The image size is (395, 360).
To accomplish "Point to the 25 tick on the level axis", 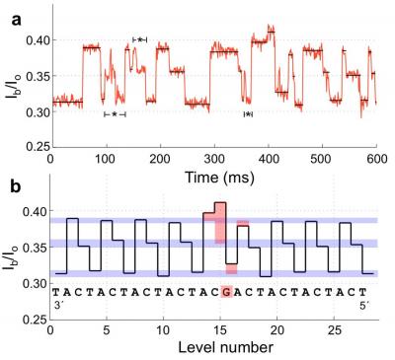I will pos(333,333).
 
